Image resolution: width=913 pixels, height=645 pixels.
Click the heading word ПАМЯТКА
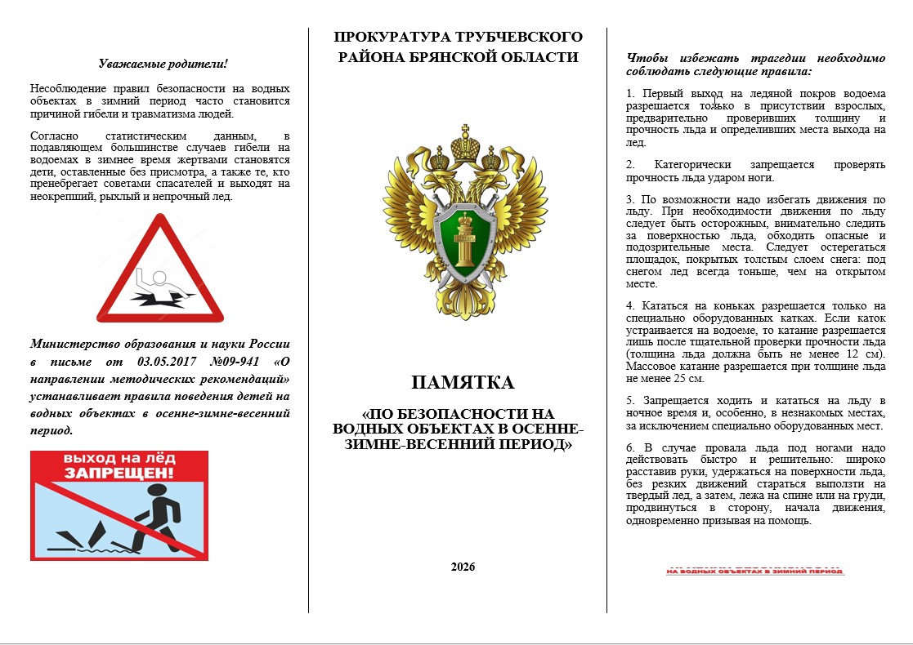463,383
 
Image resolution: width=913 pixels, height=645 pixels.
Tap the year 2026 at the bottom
463,567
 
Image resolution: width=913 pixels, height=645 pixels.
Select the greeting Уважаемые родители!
163,64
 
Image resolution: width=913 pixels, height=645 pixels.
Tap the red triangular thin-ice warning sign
160,269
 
